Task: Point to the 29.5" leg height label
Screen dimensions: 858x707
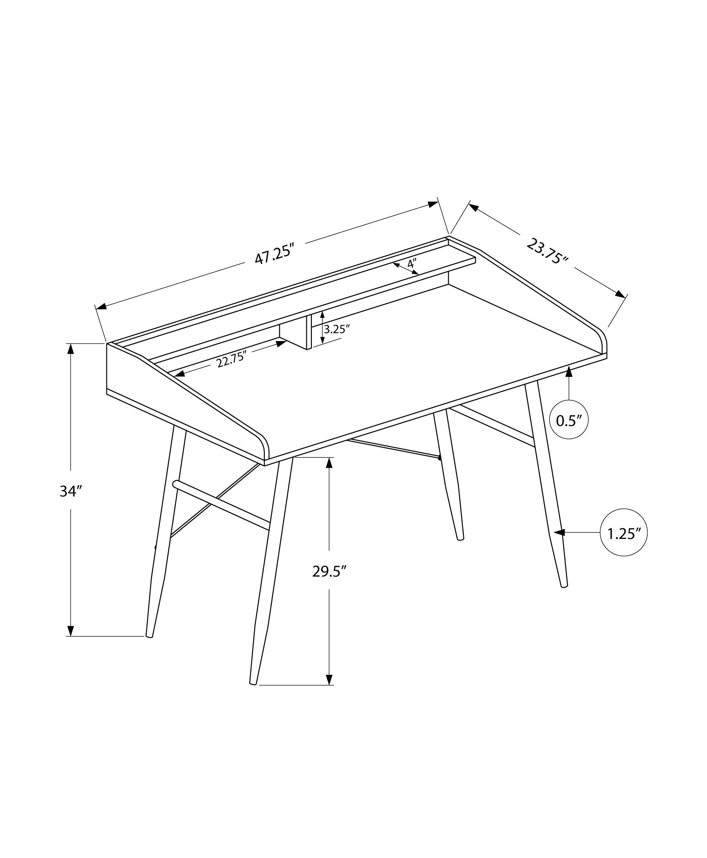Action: pos(329,571)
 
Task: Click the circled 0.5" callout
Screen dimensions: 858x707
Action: pos(569,420)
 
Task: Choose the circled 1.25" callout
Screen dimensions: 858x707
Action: pos(624,533)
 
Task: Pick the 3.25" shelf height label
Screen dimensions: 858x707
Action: pos(337,329)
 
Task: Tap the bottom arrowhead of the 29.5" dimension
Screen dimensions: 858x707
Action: pos(329,691)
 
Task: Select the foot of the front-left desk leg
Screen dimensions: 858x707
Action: pos(253,694)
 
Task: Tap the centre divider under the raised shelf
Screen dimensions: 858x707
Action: pos(308,332)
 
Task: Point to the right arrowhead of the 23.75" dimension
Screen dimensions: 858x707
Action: pos(620,294)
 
